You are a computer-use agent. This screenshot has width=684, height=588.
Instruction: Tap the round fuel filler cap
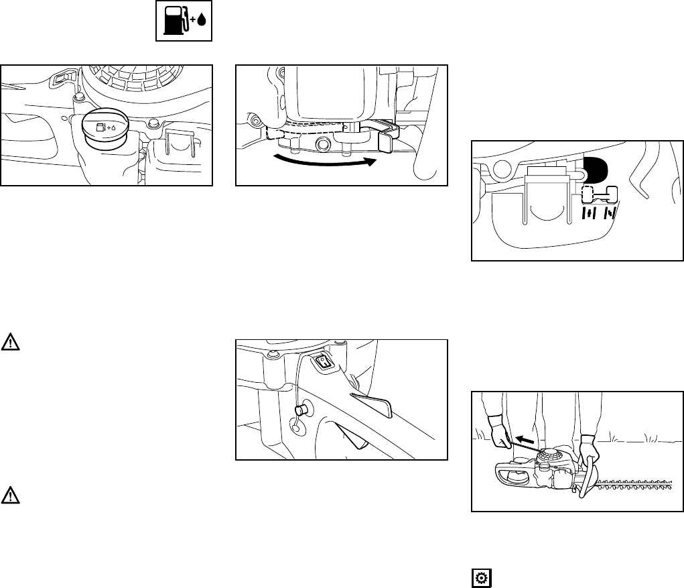click(104, 129)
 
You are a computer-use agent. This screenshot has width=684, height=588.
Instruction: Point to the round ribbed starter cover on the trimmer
click(550, 457)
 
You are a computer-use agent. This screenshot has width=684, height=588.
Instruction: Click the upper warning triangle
click(10, 342)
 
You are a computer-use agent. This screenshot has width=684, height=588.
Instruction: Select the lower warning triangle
click(10, 495)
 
